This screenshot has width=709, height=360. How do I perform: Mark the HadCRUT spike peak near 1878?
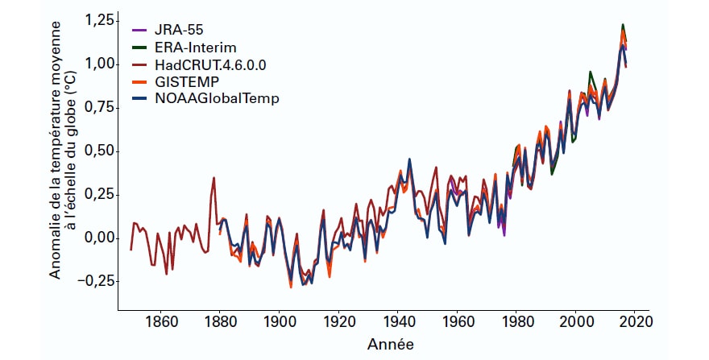(214, 177)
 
